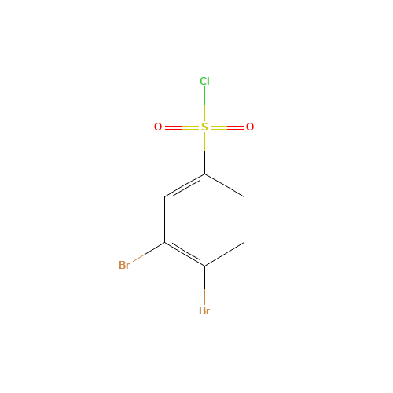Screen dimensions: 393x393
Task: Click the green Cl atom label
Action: tap(204, 81)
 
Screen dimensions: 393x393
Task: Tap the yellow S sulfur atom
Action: tap(204, 127)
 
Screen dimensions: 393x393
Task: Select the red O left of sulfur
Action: tap(158, 127)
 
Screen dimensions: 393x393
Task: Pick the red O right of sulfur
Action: tap(250, 127)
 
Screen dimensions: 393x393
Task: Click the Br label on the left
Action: tap(124, 265)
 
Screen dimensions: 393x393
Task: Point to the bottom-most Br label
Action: tap(204, 310)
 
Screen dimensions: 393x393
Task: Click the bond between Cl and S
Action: tap(204, 104)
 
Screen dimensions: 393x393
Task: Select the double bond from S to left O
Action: tap(182, 127)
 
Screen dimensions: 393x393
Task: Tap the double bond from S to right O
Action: tap(227, 127)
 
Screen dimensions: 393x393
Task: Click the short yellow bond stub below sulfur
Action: tap(204, 142)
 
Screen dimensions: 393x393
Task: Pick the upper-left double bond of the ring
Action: tap(185, 186)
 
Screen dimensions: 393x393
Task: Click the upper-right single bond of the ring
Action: tap(224, 185)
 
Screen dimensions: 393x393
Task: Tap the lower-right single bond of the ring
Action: tap(224, 254)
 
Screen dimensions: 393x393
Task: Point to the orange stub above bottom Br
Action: tap(204, 296)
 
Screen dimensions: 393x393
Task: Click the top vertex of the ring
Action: tap(204, 174)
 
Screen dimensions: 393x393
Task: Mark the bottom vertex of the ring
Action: tap(204, 266)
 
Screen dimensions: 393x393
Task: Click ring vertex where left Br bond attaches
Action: tap(165, 243)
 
